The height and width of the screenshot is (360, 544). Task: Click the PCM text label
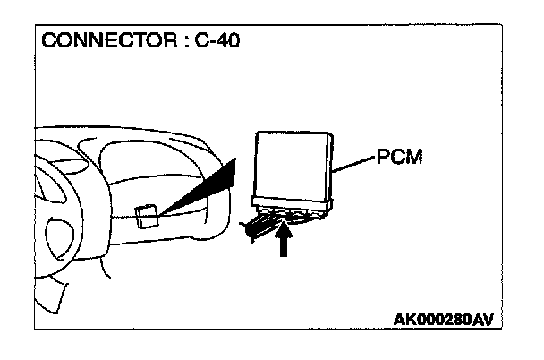pyautogui.click(x=399, y=159)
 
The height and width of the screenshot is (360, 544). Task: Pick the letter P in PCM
pyautogui.click(x=382, y=159)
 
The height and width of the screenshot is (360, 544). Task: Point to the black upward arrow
pyautogui.click(x=284, y=243)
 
